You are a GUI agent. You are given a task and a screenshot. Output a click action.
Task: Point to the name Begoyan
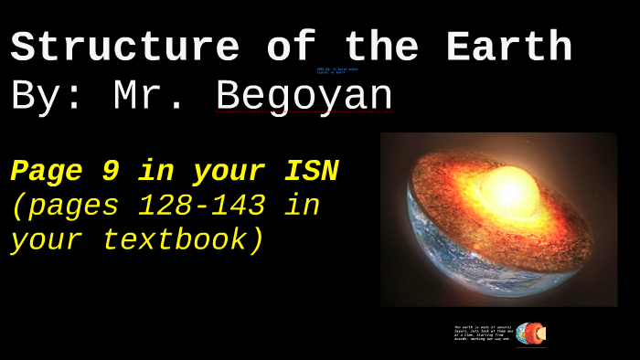tap(304, 97)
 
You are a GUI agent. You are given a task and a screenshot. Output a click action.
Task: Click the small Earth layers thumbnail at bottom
tap(530, 334)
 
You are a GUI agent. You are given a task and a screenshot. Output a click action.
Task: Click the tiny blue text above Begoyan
tap(337, 70)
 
